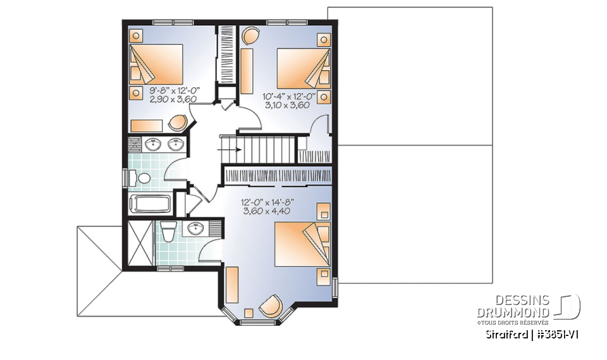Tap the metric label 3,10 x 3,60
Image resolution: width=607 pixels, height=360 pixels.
click(286, 106)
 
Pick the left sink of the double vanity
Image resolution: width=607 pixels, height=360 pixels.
click(152, 145)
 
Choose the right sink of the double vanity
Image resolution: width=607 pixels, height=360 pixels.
click(175, 145)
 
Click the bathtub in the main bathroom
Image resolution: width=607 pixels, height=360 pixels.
click(149, 204)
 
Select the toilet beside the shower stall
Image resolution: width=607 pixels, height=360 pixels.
click(168, 232)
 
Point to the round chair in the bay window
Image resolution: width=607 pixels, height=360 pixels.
click(273, 306)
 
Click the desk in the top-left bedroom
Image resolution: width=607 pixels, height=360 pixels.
click(150, 123)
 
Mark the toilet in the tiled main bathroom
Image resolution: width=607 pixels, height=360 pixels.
click(142, 178)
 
